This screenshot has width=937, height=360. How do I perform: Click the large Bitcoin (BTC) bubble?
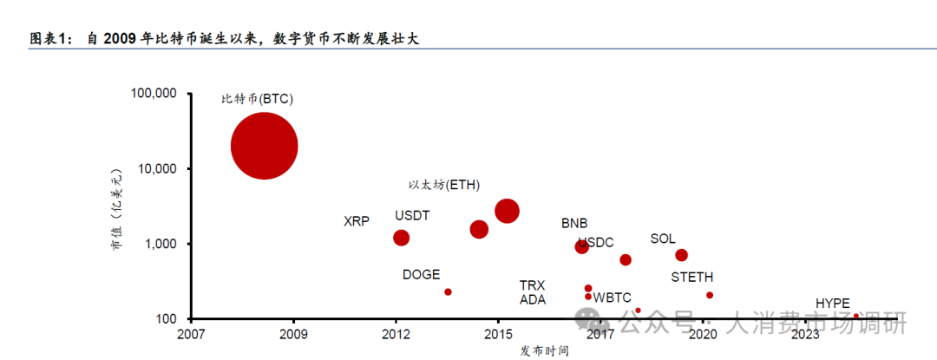265,146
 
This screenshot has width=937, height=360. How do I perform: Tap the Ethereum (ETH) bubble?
508,211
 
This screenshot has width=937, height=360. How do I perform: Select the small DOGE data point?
448,292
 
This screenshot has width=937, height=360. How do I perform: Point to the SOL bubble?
682,255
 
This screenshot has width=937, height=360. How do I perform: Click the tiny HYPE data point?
856,316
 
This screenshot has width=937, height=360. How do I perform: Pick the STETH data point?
710,296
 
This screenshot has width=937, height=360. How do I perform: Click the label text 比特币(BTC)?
258,99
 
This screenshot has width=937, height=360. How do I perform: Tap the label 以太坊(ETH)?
444,185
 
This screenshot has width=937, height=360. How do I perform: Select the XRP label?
357,221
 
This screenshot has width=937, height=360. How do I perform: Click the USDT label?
412,215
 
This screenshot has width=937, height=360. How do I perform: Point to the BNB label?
574,223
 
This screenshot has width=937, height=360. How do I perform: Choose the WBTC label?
613,298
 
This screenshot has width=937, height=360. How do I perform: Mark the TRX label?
532,285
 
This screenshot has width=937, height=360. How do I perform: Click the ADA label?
533,300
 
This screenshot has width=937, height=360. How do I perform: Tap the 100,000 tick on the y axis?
154,93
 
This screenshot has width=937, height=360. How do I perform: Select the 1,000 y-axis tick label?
161,244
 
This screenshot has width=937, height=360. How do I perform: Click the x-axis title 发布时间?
545,350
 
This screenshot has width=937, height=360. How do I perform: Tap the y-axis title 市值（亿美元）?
115,209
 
